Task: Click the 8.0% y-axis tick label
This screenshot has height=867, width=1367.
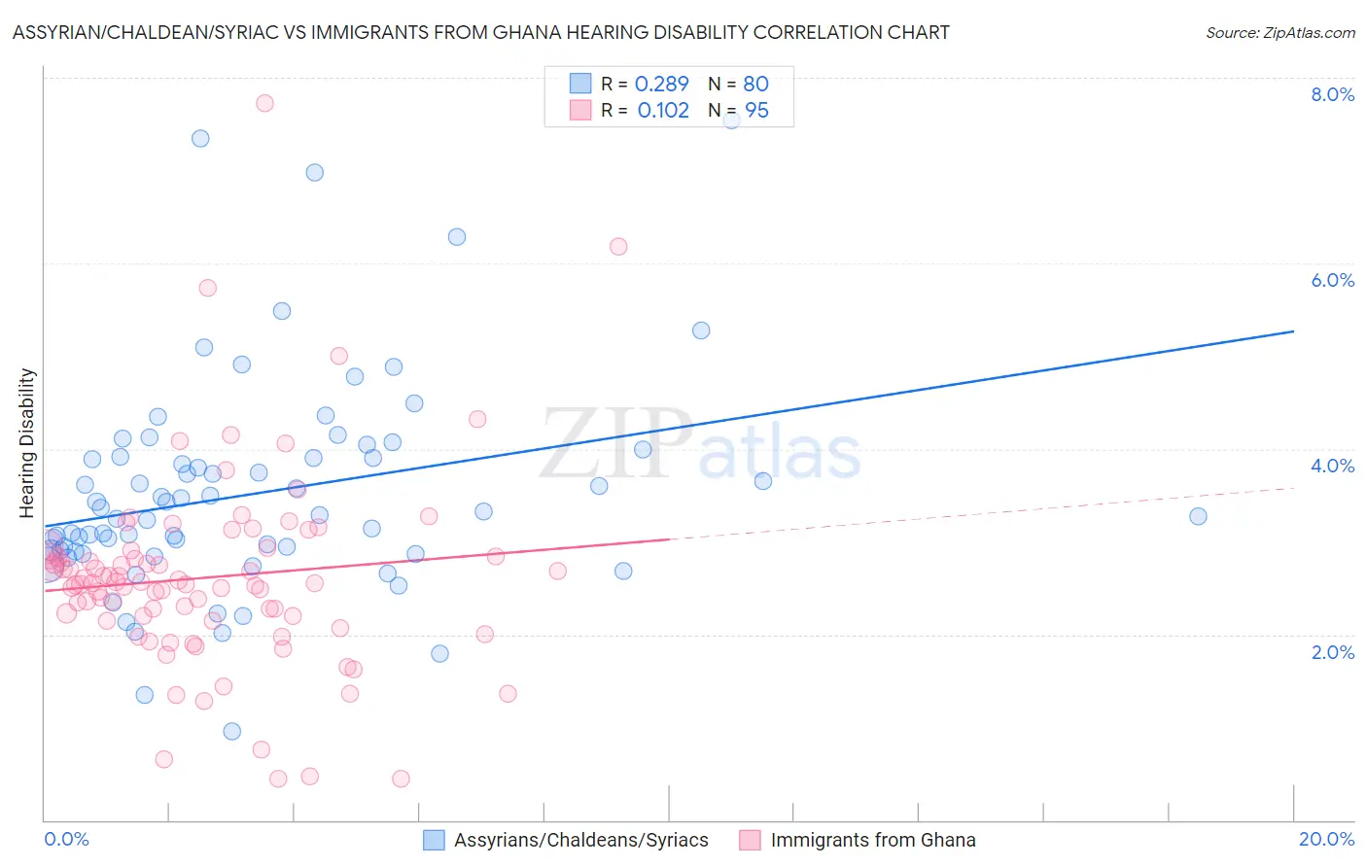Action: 1332,94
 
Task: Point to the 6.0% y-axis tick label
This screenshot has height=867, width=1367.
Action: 1332,280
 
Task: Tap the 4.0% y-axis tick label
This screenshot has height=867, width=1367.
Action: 1332,466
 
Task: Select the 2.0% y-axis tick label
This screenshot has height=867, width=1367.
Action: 1332,652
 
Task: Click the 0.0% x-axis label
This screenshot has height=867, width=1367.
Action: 66,840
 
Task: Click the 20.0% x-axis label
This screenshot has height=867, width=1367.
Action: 1326,840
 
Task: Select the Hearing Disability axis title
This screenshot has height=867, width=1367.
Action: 27,442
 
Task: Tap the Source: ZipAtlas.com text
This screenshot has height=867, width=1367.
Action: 1279,32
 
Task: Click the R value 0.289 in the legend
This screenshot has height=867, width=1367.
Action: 661,84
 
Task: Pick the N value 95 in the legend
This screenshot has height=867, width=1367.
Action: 756,110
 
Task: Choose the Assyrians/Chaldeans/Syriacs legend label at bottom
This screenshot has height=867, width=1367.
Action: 580,841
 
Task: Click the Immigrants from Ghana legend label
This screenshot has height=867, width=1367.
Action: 872,841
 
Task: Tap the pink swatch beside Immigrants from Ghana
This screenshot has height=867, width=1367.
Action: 750,841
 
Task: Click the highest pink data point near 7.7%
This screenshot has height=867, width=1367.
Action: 264,103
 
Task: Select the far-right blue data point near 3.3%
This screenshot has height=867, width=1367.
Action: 1198,516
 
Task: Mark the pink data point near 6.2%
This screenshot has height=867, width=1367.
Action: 618,246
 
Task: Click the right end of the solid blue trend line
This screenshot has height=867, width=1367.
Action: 1293,331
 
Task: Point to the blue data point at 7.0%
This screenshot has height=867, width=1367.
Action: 315,172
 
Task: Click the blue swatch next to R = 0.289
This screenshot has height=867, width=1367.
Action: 580,84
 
